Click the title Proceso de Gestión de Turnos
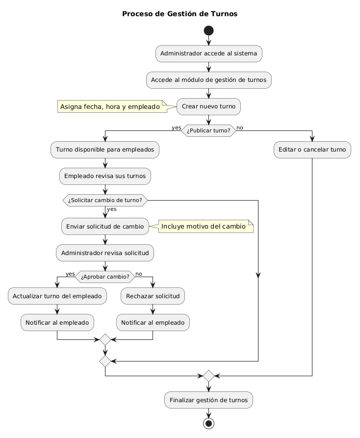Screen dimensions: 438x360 [x=180, y=14]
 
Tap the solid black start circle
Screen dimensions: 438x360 [x=209, y=31]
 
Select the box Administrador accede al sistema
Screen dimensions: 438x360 [x=209, y=53]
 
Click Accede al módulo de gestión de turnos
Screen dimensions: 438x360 [x=209, y=79]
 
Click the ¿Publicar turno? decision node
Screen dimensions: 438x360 [x=209, y=130]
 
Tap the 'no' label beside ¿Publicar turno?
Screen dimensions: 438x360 [x=240, y=128]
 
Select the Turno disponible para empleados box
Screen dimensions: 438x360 [x=105, y=150]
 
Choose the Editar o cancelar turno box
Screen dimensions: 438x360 [x=312, y=150]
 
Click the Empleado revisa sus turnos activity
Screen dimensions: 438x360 [x=105, y=176]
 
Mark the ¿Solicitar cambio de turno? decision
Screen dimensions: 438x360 [x=105, y=200]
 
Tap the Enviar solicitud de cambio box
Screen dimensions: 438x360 [x=105, y=226]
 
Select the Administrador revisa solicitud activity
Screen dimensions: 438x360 [x=105, y=253]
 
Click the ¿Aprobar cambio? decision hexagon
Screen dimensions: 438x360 [x=105, y=277]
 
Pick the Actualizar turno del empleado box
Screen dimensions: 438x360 [x=57, y=296]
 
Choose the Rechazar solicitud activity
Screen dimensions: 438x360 [x=153, y=296]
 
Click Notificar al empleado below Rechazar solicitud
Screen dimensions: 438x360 [x=153, y=322]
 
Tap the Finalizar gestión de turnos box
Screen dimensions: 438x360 [x=209, y=400]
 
